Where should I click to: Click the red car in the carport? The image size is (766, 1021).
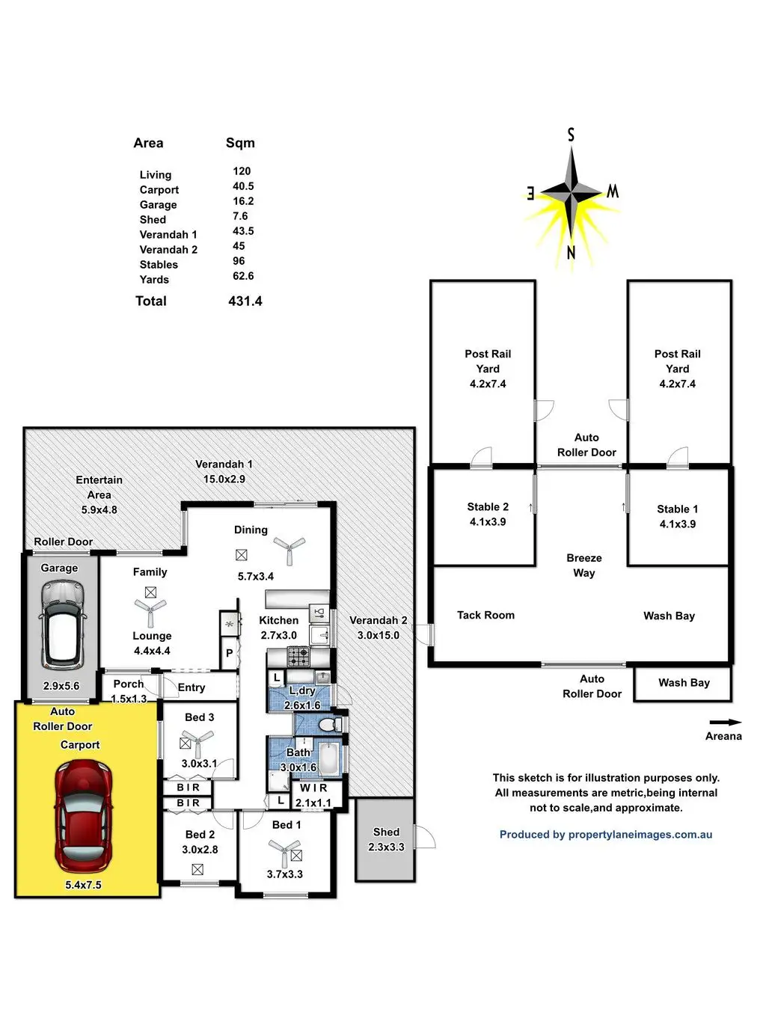coord(84,817)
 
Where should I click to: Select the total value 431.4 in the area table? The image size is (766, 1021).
coord(245,301)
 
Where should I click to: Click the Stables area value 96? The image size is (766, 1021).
coord(239,261)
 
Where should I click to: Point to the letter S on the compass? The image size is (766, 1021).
coord(571,135)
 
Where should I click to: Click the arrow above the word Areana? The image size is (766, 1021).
coord(725,723)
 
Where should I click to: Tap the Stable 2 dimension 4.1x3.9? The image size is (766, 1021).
coord(488,522)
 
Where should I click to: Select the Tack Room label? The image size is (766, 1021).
coord(485,615)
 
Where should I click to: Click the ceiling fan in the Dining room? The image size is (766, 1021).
coord(289,549)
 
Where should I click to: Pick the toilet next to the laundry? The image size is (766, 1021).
coord(331,724)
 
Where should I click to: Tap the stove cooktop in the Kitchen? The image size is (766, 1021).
coord(298,657)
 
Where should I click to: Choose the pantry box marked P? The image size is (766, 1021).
coord(230,653)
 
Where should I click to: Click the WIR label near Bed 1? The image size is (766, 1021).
coord(313,788)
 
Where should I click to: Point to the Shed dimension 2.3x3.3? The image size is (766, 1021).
coord(386,847)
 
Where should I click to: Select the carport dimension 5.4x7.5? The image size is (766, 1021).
coord(83,885)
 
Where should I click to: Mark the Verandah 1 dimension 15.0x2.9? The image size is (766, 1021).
coord(224,479)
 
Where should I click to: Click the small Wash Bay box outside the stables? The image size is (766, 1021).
coord(683,684)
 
